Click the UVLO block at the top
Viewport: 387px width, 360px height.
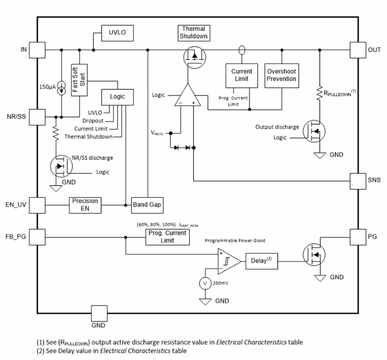click(117, 33)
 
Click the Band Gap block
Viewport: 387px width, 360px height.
click(148, 205)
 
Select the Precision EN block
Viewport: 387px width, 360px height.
click(86, 204)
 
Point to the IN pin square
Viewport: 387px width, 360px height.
click(37, 49)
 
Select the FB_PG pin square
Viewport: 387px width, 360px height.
click(37, 237)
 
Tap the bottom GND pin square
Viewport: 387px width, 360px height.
click(99, 312)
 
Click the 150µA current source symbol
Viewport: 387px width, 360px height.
click(62, 88)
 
